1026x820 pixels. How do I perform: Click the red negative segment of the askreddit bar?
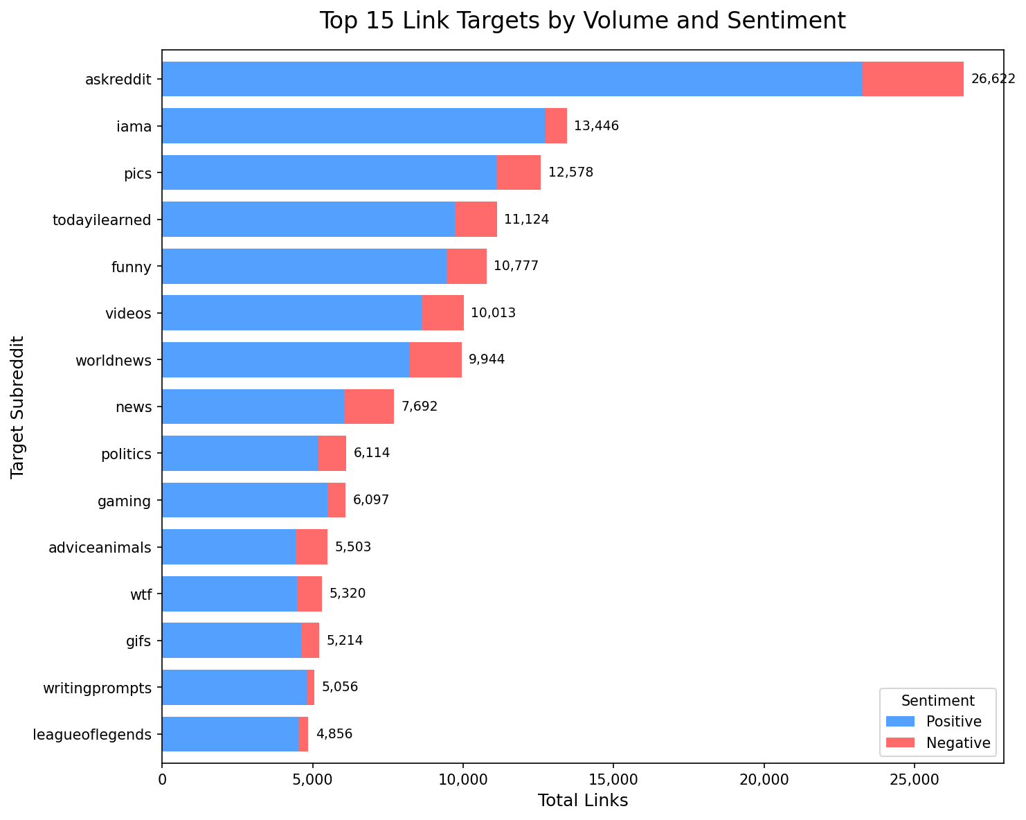point(912,79)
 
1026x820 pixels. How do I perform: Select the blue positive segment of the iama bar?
point(353,126)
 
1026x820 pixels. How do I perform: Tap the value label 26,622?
point(993,80)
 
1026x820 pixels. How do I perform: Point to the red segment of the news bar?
point(369,407)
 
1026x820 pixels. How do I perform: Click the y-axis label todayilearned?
point(102,220)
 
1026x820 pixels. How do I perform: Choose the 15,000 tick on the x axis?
point(613,780)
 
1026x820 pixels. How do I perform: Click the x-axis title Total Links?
point(583,801)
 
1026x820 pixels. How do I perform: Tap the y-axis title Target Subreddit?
point(18,407)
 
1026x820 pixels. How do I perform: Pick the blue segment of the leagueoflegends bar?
point(230,734)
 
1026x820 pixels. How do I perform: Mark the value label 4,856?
point(334,734)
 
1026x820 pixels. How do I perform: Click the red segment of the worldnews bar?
point(435,360)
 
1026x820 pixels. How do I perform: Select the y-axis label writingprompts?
point(97,688)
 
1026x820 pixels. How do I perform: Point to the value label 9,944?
point(487,360)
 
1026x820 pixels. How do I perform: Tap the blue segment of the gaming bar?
point(244,500)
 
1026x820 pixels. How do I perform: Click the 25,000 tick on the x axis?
point(914,780)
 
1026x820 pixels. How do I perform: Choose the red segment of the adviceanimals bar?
point(312,547)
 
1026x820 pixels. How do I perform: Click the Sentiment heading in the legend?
point(938,701)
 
